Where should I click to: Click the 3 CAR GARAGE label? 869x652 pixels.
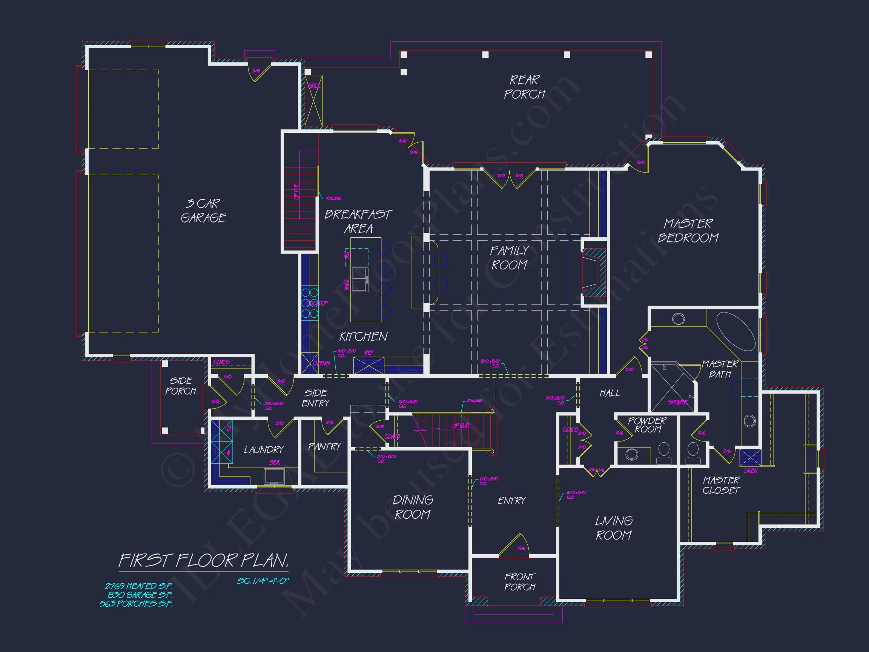[203, 211]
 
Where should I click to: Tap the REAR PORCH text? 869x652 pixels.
[525, 87]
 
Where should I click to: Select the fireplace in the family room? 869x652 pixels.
[593, 272]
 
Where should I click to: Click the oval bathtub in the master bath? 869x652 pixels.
[735, 331]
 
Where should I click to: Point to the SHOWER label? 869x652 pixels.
[677, 402]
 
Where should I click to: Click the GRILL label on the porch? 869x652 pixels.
[313, 86]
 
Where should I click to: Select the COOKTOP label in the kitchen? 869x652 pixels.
[317, 303]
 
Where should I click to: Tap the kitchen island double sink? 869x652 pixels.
[360, 280]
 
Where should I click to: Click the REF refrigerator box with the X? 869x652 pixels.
[368, 365]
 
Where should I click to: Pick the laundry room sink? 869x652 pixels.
[274, 476]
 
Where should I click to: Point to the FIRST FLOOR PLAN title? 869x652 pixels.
[204, 561]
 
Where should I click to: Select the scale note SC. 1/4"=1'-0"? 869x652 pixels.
[263, 580]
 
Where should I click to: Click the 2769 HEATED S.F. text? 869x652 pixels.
[139, 586]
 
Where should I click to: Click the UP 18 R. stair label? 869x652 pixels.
[461, 426]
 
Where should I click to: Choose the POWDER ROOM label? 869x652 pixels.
[647, 425]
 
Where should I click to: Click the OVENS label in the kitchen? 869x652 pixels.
[321, 363]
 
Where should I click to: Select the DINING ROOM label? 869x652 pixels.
[413, 507]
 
